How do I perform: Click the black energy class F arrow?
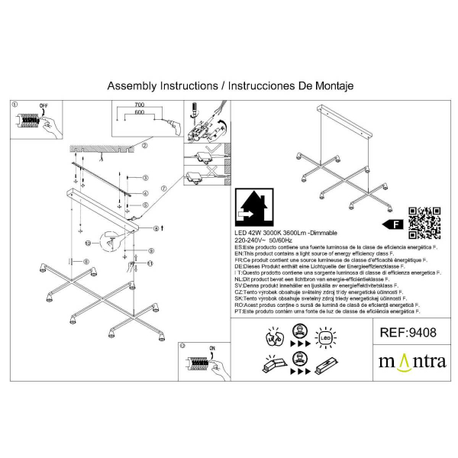click(392, 224)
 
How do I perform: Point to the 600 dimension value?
click(139, 113)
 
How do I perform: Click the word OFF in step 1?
click(44, 105)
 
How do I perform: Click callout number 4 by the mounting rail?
click(145, 193)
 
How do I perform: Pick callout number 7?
click(163, 188)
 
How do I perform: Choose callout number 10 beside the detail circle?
click(88, 244)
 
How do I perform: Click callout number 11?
click(150, 264)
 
